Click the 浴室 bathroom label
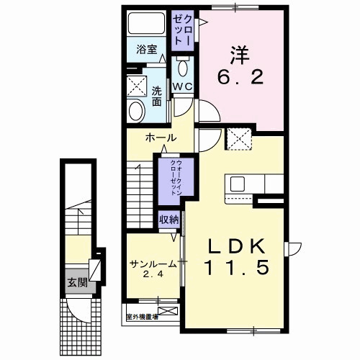147,50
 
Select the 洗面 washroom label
157,95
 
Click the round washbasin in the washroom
135,110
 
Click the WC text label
182,87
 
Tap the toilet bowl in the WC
182,68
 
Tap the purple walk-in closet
171,180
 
